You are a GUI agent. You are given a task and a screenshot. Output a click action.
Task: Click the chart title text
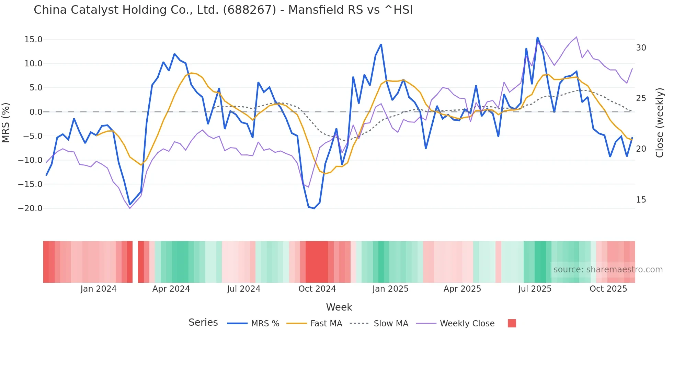coord(223,10)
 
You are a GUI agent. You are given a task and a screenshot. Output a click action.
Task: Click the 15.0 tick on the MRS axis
coord(33,40)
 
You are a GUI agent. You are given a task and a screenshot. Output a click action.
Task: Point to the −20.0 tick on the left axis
coord(30,208)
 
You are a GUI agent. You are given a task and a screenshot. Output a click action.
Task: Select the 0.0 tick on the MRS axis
coord(36,112)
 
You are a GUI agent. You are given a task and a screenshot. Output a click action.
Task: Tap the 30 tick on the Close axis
coord(641,48)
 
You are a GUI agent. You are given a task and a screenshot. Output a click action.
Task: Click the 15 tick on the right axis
coord(641,200)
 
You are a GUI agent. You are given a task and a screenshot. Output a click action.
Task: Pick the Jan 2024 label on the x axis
coord(99,289)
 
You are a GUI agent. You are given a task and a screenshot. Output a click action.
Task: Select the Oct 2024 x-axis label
coord(317,289)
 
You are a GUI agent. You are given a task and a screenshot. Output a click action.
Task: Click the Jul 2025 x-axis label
coord(535,289)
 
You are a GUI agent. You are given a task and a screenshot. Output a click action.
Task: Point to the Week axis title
coord(339,307)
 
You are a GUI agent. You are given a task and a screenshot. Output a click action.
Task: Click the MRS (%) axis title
coord(6,123)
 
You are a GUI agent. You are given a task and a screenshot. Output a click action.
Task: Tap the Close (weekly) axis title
coord(659,123)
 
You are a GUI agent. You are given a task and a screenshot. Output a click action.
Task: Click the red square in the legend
coord(512,323)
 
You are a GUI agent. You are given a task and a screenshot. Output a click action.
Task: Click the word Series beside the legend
coord(203,323)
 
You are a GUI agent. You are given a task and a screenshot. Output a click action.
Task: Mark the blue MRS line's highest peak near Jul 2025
coord(537,37)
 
